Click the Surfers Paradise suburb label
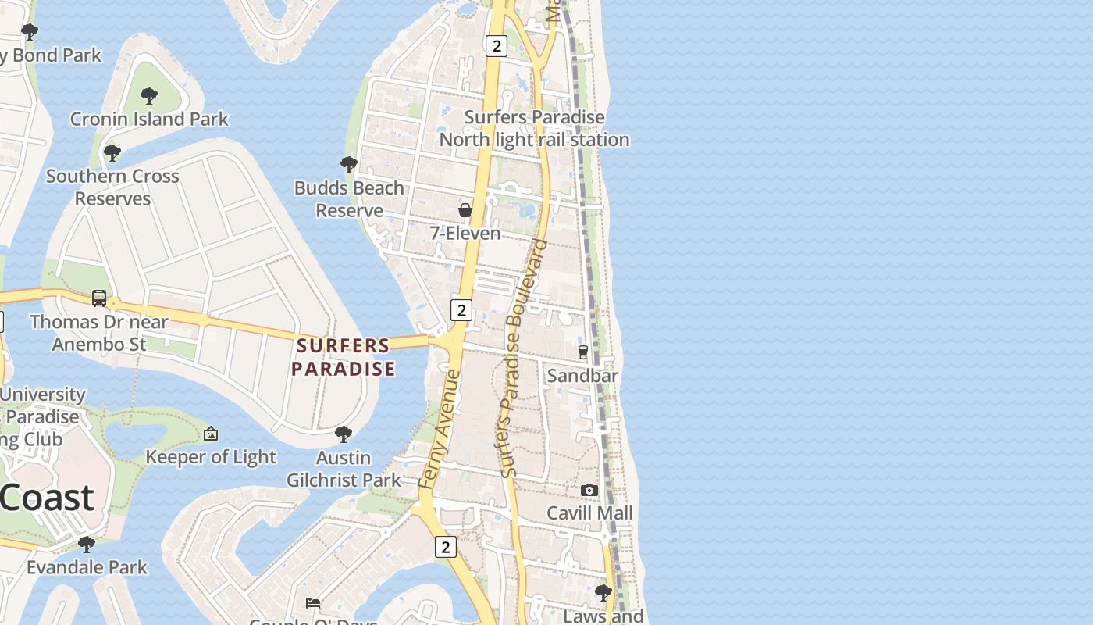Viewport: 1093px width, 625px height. coord(344,357)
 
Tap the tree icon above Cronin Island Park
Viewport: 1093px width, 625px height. coord(148,96)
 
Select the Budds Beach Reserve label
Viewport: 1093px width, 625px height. coord(349,199)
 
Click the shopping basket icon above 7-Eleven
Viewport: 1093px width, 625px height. coord(465,210)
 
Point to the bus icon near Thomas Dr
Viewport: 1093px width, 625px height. coord(99,298)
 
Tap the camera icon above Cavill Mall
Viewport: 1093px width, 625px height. coord(589,490)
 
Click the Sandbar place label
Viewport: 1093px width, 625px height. coord(582,376)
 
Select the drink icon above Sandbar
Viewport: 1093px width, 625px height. coord(582,352)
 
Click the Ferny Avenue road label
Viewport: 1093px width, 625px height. coord(440,430)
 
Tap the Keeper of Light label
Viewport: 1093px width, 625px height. coord(211,457)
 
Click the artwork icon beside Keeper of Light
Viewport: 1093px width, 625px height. coord(210,434)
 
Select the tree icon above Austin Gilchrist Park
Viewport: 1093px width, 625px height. coord(343,434)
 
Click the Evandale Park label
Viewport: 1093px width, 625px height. coord(87,567)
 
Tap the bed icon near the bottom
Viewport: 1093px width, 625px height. coord(313,602)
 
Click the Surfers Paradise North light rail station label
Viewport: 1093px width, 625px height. coord(534,129)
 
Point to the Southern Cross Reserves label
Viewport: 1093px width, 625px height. coord(112,187)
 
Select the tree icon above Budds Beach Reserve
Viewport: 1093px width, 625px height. coord(349,164)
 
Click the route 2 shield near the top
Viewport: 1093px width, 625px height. coord(496,46)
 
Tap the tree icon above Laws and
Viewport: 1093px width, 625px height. coord(603,592)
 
